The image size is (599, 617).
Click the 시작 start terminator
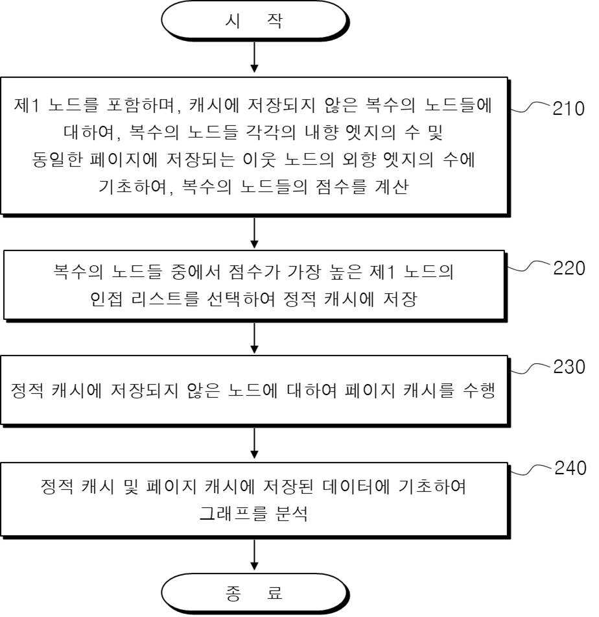[255, 21]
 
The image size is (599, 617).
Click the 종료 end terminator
[255, 594]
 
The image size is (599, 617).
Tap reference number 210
[569, 108]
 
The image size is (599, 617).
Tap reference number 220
[569, 269]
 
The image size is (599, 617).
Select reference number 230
[569, 367]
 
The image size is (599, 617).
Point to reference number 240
[570, 468]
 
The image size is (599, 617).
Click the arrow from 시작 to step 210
[255, 57]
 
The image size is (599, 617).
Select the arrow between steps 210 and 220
[255, 233]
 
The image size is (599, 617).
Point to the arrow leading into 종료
[255, 555]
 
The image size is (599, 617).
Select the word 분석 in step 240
[292, 513]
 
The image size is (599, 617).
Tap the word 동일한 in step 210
[58, 160]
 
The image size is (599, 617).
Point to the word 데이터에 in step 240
[356, 487]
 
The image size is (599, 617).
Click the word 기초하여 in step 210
[134, 186]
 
